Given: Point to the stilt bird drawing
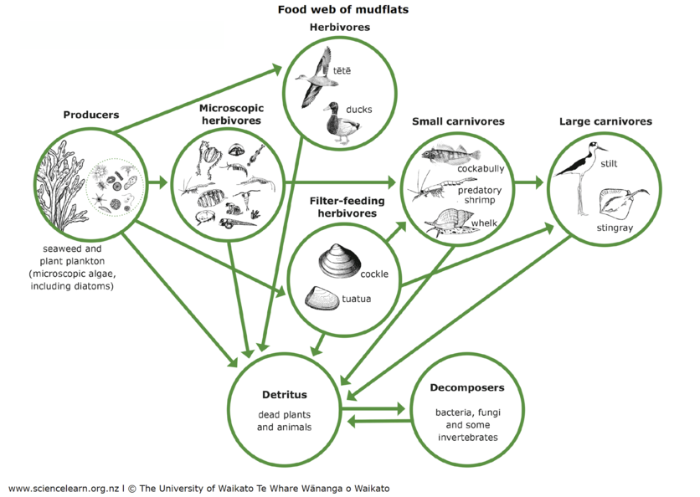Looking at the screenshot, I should (584, 172).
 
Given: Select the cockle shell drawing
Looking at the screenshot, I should (339, 262).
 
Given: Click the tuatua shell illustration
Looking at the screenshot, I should (324, 297).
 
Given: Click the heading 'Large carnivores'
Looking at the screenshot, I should (605, 121).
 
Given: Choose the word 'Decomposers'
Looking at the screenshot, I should (466, 388).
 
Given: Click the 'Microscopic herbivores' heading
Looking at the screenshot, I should (230, 115).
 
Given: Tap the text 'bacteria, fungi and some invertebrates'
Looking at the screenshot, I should (466, 425).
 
